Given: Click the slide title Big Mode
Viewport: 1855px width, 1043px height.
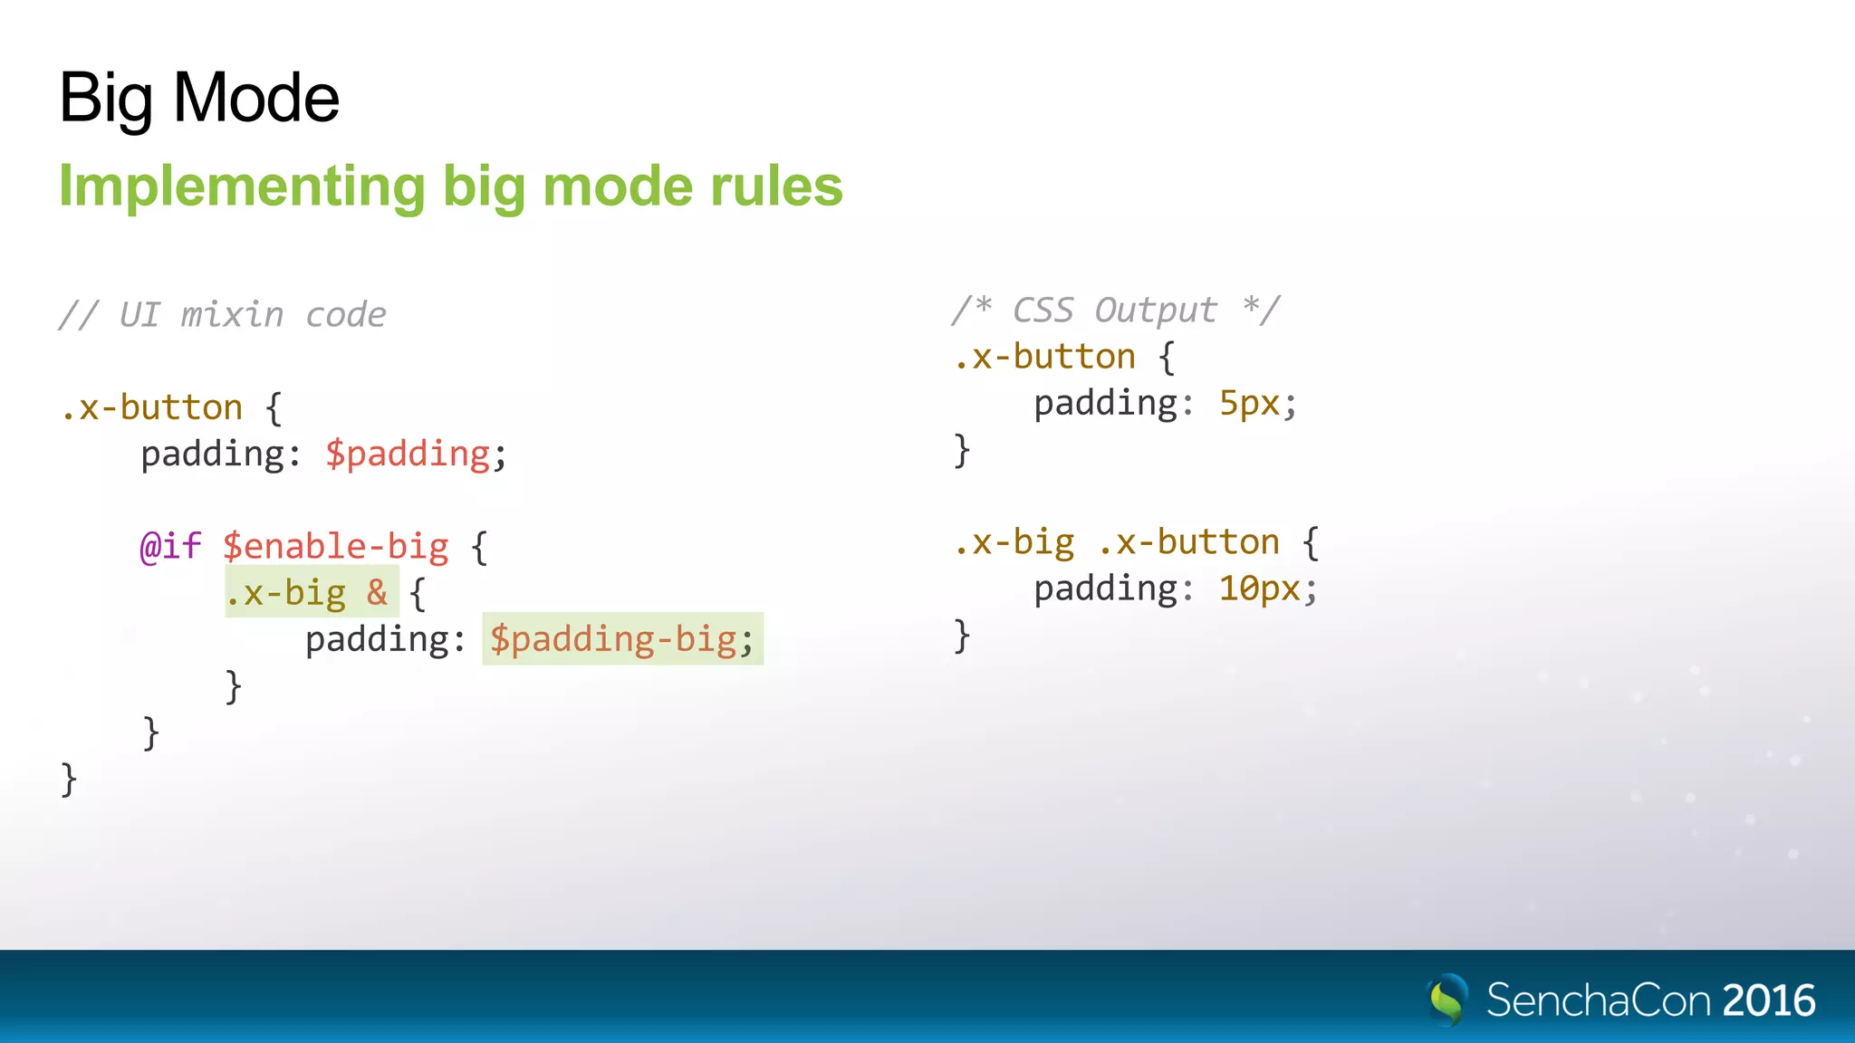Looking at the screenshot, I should [x=198, y=98].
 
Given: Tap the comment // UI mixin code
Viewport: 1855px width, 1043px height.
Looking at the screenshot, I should [x=222, y=315].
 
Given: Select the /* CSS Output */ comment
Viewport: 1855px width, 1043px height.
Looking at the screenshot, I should [x=1116, y=311].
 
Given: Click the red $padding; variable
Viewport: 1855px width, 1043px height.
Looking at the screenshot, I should [x=415, y=454].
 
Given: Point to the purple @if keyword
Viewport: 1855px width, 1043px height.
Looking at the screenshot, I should [x=170, y=547].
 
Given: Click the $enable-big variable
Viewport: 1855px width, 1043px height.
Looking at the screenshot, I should [x=336, y=547].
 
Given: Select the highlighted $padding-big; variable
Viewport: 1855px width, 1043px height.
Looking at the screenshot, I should [x=621, y=639].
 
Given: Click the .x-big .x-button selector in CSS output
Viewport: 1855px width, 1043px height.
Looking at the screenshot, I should [x=1116, y=542].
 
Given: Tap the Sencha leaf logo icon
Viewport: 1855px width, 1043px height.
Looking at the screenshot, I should [x=1447, y=1000].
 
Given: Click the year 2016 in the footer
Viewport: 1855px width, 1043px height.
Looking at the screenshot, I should [x=1769, y=1000].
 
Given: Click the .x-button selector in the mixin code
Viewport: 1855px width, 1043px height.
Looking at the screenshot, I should [x=151, y=407].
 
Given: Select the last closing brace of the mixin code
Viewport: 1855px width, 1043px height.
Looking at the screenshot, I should [x=69, y=780].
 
